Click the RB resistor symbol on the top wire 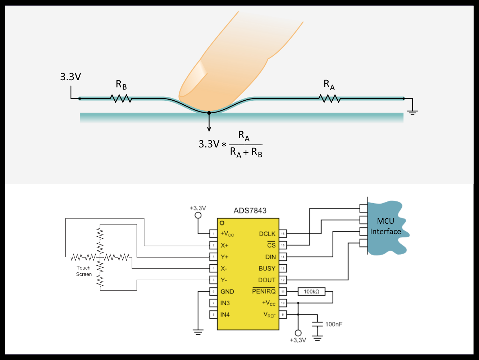(x=121, y=98)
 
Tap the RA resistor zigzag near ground (x=329, y=98)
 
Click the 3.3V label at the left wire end (x=70, y=77)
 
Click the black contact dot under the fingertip (x=209, y=113)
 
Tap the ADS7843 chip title (x=250, y=211)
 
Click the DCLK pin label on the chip (x=267, y=234)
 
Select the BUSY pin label (x=267, y=269)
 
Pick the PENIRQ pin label (x=264, y=291)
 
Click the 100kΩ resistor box (x=311, y=292)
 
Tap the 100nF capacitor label (x=334, y=324)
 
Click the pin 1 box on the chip (x=213, y=234)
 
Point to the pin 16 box (x=283, y=234)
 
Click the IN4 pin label (x=225, y=315)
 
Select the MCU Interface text (x=386, y=226)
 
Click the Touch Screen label (x=84, y=271)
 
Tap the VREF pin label (x=269, y=315)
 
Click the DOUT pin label (x=267, y=280)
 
